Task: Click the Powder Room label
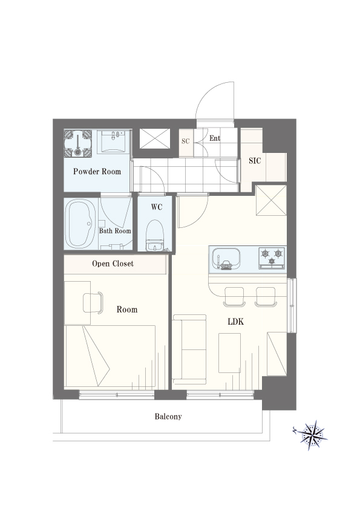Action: click(x=97, y=172)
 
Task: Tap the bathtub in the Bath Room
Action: click(x=80, y=224)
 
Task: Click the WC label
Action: click(x=156, y=207)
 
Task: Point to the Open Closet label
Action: click(x=113, y=264)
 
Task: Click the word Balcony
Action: click(x=168, y=417)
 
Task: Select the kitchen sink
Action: click(x=226, y=258)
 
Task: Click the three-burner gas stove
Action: click(x=272, y=258)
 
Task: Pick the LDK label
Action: click(x=235, y=322)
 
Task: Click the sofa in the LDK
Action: click(x=189, y=349)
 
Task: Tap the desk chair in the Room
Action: click(x=93, y=303)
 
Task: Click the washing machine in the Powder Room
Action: click(x=78, y=143)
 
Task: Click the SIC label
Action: click(x=255, y=161)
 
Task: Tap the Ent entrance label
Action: click(x=215, y=138)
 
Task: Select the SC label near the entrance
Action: click(x=186, y=141)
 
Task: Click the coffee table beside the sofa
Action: click(x=229, y=353)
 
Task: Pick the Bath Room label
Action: click(x=115, y=231)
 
